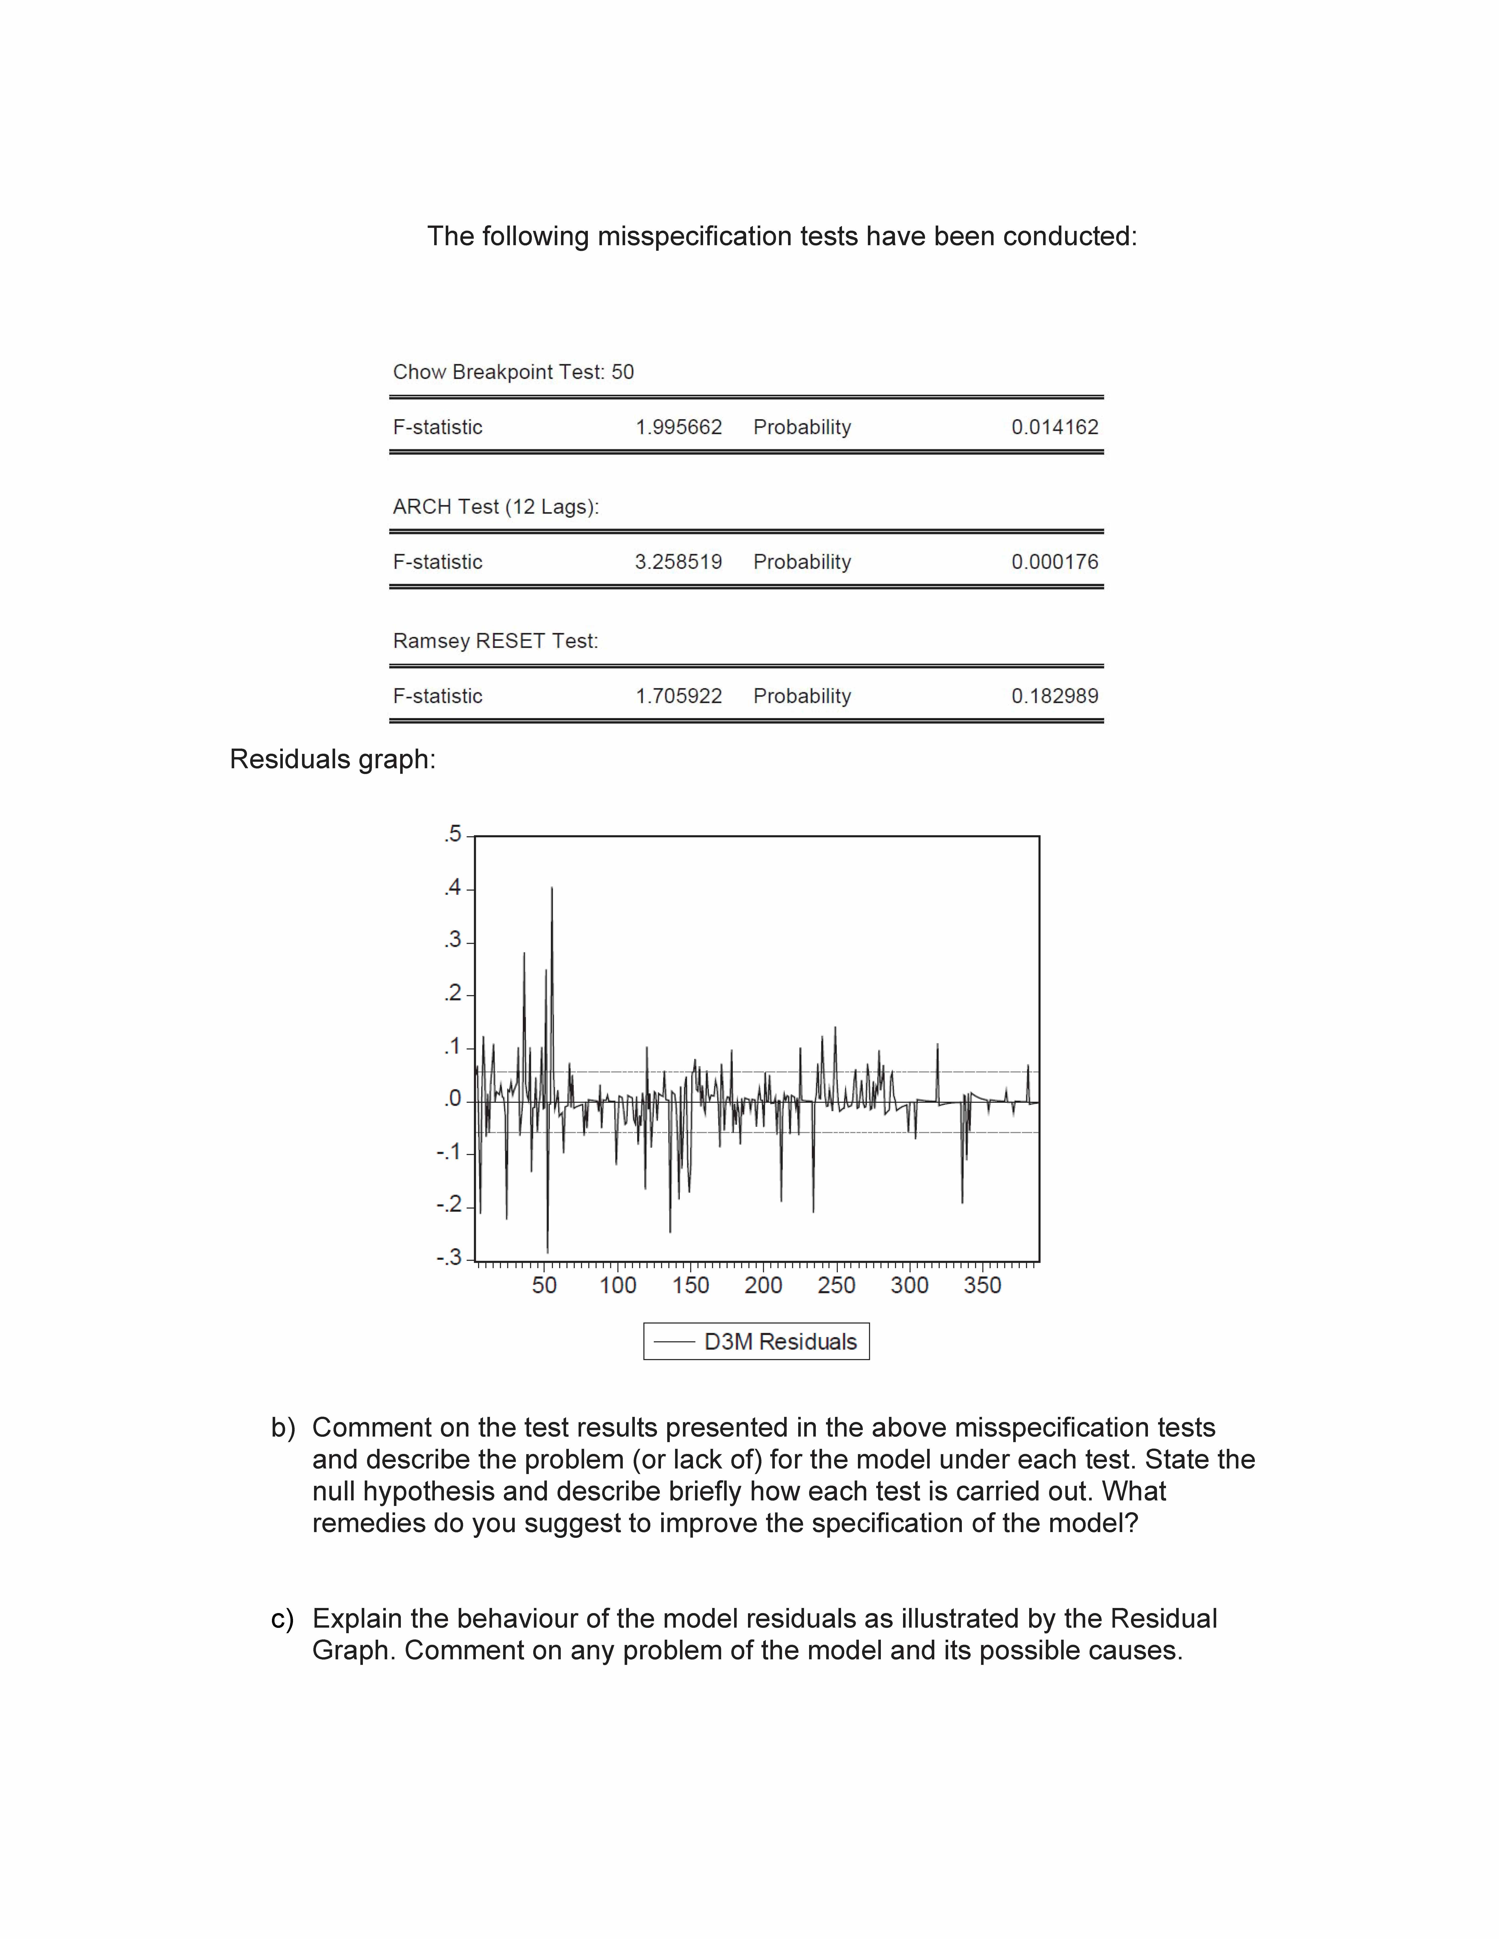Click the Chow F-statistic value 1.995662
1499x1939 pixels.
coord(679,427)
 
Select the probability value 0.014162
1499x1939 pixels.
coord(1054,427)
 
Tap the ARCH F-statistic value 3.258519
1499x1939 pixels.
coord(679,562)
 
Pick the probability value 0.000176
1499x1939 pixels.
coord(1054,562)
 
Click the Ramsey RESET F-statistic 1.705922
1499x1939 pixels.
coord(679,696)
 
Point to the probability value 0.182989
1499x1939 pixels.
coord(1054,696)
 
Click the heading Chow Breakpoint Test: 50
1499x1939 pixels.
coord(513,372)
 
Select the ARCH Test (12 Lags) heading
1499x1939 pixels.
coord(496,507)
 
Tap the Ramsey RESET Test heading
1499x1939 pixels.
coord(496,641)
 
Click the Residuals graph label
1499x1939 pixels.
coord(332,759)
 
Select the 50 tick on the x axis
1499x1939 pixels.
coord(544,1285)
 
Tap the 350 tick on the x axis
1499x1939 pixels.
coord(982,1285)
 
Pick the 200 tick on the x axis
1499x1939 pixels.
coord(763,1285)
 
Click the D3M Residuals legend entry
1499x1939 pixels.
coord(780,1341)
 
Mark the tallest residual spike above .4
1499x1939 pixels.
coord(552,888)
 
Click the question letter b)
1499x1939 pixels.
coord(282,1428)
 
